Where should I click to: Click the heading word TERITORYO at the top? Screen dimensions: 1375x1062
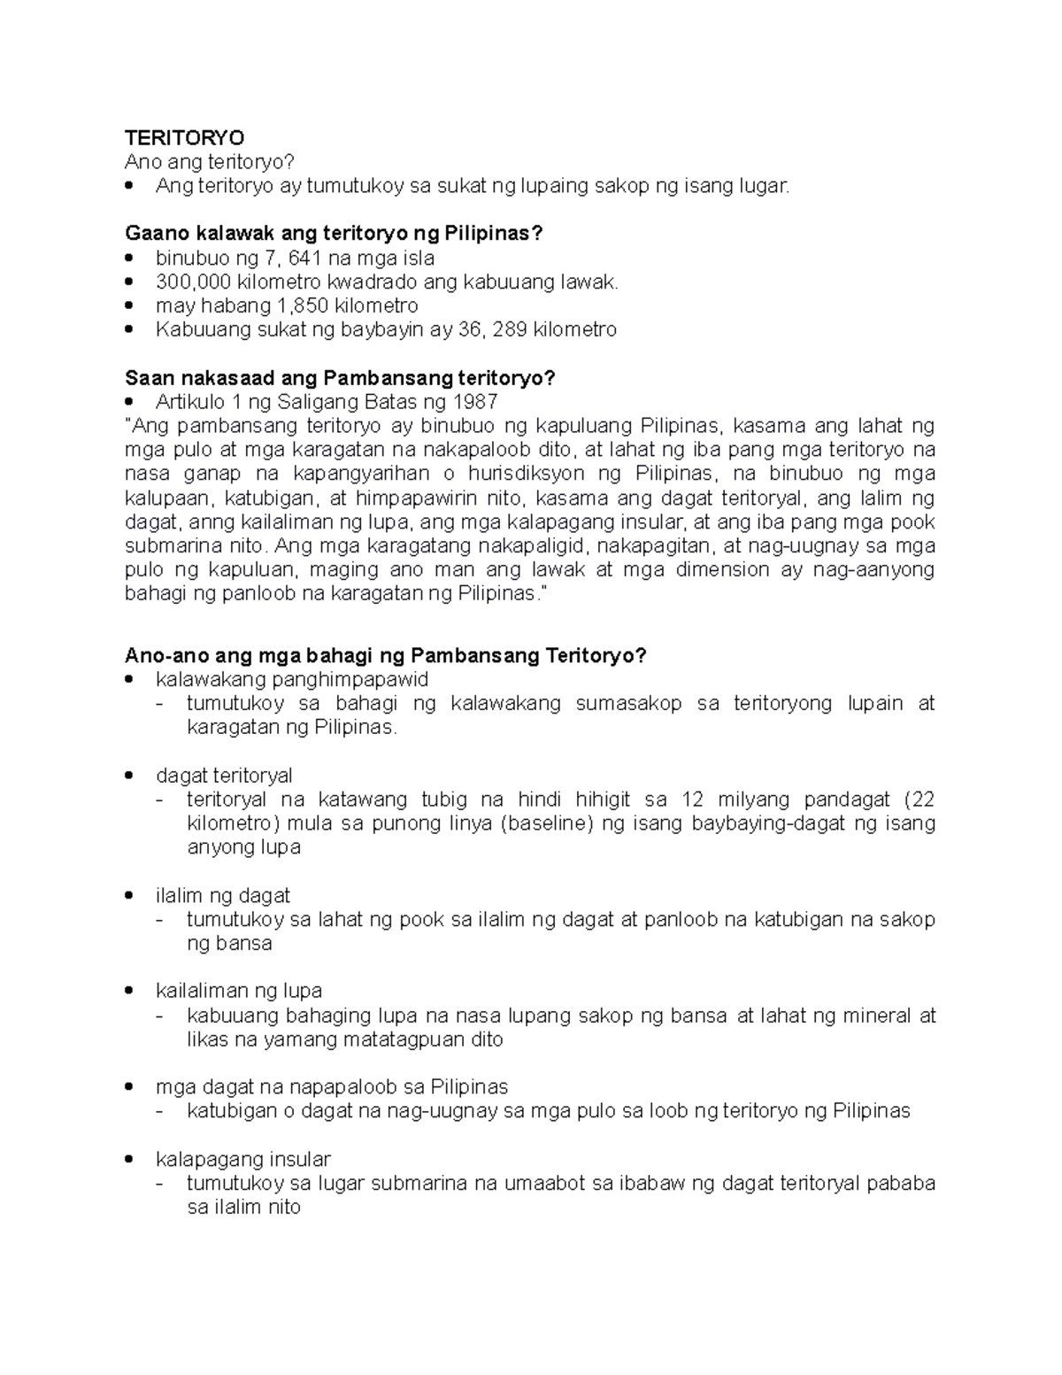click(x=185, y=138)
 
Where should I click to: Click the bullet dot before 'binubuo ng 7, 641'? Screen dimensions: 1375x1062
click(x=131, y=259)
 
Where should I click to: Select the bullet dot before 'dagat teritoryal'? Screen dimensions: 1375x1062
click(x=131, y=776)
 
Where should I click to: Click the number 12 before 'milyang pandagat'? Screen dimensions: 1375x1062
click(x=693, y=800)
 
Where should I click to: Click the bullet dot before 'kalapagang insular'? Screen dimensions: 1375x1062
click(x=131, y=1160)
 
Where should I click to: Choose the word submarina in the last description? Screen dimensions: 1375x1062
click(x=420, y=1184)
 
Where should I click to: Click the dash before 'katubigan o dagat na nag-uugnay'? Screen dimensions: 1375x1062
click(x=160, y=1111)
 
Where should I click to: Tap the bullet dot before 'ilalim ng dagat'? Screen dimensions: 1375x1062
click(x=131, y=896)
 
